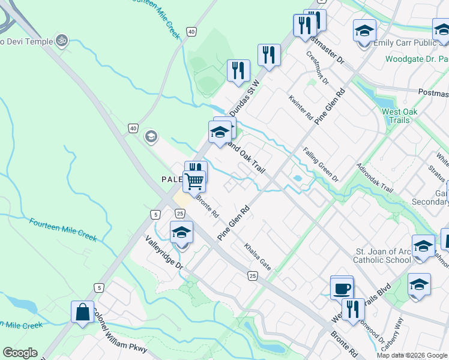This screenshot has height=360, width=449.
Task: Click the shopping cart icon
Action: (194, 180)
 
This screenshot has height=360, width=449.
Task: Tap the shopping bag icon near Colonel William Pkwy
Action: (82, 312)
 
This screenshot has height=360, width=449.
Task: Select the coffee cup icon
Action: (342, 288)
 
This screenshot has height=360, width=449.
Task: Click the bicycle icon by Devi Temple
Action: (61, 41)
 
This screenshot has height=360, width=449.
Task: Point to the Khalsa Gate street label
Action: (258, 256)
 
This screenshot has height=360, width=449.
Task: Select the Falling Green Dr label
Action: (321, 165)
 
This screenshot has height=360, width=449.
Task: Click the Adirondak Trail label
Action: (375, 178)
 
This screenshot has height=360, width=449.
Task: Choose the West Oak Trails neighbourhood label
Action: (396, 116)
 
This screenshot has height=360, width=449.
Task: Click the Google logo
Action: (20, 353)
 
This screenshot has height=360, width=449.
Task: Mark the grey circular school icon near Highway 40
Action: (151, 137)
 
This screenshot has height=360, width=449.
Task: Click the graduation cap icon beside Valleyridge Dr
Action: (182, 233)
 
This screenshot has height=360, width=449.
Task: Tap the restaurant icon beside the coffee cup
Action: (353, 310)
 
